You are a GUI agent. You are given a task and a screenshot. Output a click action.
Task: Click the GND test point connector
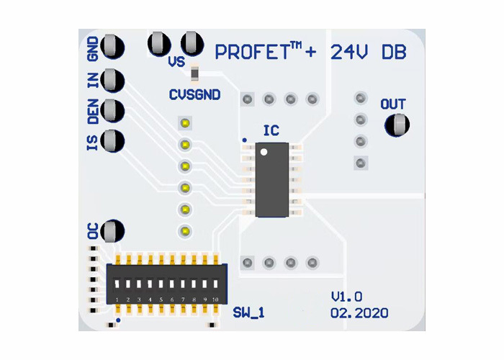tap(113, 48)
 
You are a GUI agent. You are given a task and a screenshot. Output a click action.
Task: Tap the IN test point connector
tap(113, 79)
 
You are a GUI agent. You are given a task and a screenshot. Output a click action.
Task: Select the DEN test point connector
tap(113, 110)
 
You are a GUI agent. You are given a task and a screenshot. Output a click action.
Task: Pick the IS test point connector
tap(113, 140)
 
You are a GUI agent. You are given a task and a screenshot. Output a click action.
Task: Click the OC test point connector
tap(113, 231)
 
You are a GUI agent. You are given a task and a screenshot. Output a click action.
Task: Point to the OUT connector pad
tap(397, 125)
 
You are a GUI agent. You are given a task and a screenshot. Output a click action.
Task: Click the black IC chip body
tap(272, 180)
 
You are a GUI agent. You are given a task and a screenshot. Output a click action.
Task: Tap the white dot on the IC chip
tap(264, 152)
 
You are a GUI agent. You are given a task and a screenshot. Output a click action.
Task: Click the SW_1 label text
tap(249, 312)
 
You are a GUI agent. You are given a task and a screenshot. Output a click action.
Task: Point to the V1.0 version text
tap(346, 297)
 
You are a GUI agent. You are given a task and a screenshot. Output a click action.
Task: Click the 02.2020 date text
tap(359, 313)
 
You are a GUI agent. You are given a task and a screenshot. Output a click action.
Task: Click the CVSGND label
tap(194, 95)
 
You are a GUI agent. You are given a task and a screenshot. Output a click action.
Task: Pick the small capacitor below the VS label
tap(194, 73)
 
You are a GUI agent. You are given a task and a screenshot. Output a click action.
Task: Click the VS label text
tap(176, 62)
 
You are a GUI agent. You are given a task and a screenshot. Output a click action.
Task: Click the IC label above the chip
tap(271, 130)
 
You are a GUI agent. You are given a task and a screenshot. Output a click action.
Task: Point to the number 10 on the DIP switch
tap(215, 298)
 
